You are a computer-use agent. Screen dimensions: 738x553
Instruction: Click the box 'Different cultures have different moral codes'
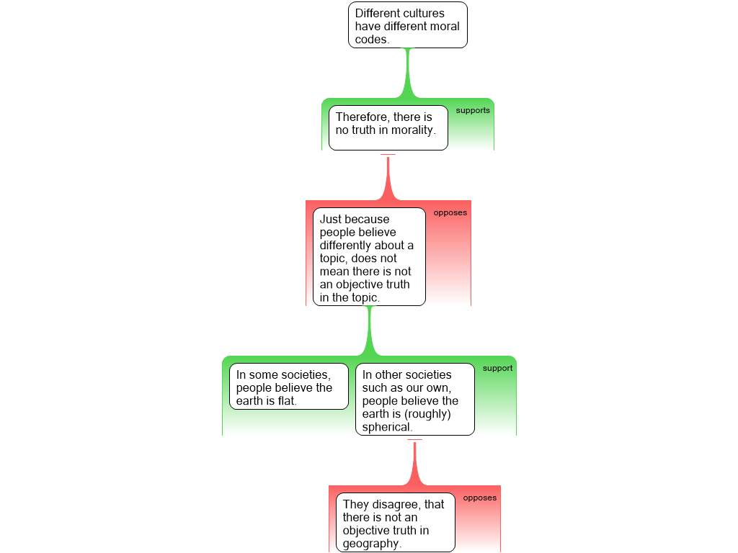coord(408,25)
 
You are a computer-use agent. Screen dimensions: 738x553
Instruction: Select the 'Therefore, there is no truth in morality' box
coord(388,128)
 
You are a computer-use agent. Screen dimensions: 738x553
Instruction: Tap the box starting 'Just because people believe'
coord(370,257)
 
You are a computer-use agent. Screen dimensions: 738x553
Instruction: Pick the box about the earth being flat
coord(289,386)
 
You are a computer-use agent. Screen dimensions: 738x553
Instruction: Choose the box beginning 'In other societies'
coord(415,399)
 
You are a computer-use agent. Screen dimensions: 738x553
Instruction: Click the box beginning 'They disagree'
coord(396,523)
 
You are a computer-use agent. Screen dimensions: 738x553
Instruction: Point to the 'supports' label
coord(473,110)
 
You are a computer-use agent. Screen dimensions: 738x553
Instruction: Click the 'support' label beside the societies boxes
coord(497,368)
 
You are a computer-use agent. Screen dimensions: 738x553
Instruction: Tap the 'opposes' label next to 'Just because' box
coord(450,212)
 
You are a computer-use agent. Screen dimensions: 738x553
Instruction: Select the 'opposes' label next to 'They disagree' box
coord(479,498)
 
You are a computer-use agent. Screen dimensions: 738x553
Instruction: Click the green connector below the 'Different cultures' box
coord(408,73)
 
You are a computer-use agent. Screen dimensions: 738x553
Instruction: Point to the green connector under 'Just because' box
coord(370,331)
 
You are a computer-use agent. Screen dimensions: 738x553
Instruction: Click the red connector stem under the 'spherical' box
coord(414,463)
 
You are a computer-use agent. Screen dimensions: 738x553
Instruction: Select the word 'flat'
coord(286,400)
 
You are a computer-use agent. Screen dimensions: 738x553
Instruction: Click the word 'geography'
coord(370,544)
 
